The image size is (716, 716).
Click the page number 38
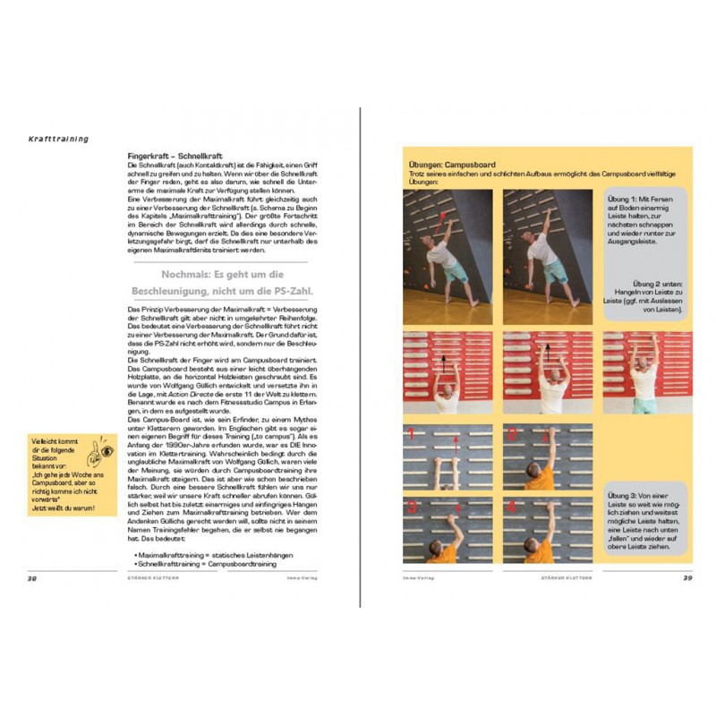(31, 578)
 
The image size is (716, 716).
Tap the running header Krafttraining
(57, 138)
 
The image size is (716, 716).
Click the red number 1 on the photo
(411, 436)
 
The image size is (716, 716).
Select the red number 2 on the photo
(509, 436)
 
